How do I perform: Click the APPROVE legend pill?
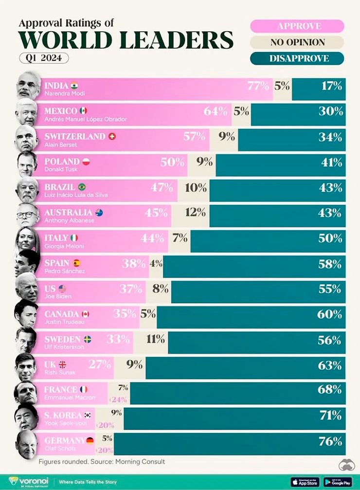tap(297, 26)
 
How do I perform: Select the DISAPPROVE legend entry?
tap(297, 58)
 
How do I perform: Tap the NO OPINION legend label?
tap(297, 42)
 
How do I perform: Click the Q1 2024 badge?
tap(44, 58)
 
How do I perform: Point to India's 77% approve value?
tap(258, 86)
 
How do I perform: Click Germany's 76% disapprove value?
tap(330, 441)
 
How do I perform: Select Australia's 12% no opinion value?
tap(195, 213)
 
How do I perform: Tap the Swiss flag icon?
tap(112, 136)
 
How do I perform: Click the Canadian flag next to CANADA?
tap(86, 314)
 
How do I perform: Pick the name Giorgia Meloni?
tap(64, 246)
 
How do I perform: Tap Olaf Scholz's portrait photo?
tap(27, 443)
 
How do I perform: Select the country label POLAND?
tap(62, 161)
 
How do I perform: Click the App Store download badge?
tap(305, 482)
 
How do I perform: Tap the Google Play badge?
tap(337, 482)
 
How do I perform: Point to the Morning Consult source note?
tap(102, 461)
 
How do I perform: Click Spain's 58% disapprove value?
tap(330, 264)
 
